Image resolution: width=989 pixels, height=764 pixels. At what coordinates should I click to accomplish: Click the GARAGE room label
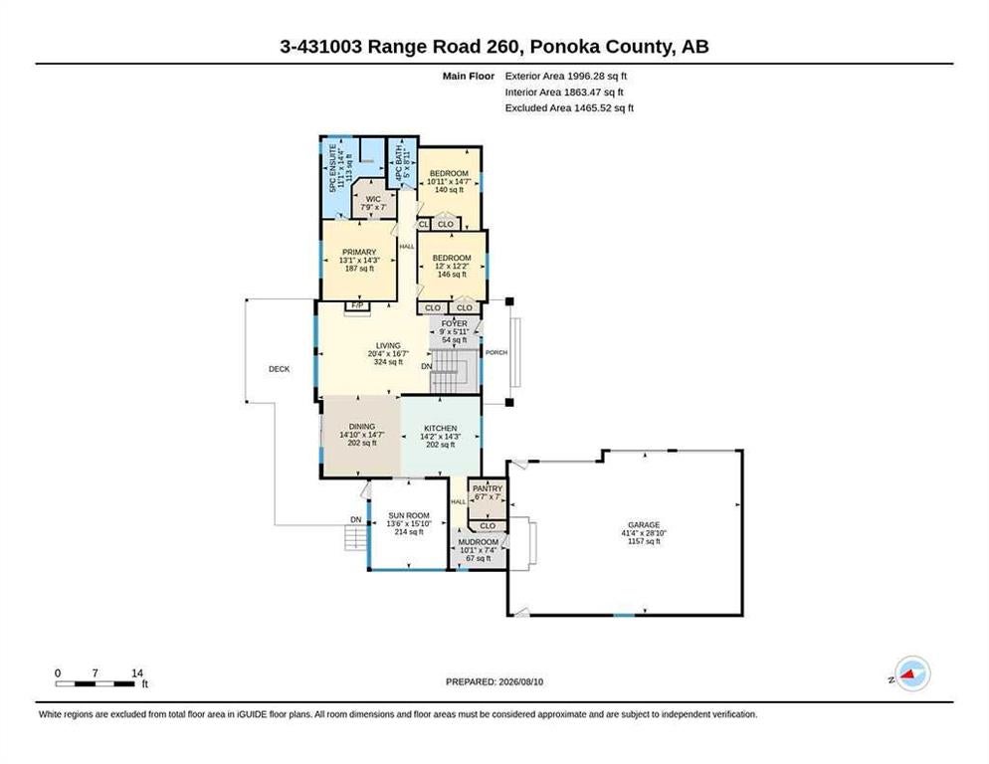point(644,525)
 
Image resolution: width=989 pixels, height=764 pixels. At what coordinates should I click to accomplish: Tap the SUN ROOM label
point(409,515)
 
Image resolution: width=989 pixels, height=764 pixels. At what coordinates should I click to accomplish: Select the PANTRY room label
point(488,488)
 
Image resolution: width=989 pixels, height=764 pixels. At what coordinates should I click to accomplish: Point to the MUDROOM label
point(479,542)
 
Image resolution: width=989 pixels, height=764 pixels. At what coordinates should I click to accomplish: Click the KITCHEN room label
point(440,429)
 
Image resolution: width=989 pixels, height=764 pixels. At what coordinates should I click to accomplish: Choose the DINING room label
point(361,427)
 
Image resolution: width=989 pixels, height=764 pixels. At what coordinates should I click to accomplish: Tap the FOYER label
point(454,323)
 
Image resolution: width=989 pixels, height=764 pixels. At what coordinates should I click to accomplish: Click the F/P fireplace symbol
point(357,306)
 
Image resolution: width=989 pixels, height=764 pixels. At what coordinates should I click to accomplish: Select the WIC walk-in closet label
point(373,199)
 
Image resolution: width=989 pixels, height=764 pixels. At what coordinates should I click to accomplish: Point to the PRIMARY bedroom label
point(359,253)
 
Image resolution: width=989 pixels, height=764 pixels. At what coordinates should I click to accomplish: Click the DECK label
point(279,369)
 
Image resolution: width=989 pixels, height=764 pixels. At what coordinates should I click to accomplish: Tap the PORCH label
point(496,353)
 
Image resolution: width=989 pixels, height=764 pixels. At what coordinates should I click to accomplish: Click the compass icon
point(912,673)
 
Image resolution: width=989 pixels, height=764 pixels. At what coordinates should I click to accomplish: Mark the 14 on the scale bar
point(137,673)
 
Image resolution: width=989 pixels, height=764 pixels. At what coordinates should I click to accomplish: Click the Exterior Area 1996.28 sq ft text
point(566,76)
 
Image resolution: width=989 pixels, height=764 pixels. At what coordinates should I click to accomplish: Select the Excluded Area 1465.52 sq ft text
point(569,107)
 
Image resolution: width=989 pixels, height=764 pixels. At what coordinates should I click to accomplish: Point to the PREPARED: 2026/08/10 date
point(494,682)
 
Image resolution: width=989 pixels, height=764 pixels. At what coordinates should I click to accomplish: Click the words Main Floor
point(468,76)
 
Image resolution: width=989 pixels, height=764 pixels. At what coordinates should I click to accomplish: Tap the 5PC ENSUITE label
point(332,168)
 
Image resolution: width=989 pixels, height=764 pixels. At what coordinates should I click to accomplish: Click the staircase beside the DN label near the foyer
point(453,372)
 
